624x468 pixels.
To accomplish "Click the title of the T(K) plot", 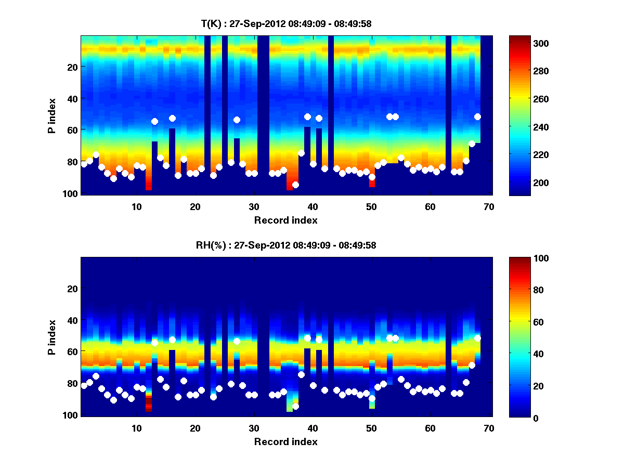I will click(286, 23).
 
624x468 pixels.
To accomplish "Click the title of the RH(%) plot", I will click(286, 245).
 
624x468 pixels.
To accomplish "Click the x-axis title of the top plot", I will click(286, 220).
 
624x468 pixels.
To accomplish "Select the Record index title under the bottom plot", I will click(286, 441).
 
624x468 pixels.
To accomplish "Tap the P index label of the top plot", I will click(52, 115).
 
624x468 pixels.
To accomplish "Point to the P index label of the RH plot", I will click(52, 336).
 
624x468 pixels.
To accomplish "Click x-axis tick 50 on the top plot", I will click(371, 206).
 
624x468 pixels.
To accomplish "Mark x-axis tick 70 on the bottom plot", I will click(489, 428).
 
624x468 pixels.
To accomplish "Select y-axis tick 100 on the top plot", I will click(72, 193).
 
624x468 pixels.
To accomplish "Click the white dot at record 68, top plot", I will click(477, 116).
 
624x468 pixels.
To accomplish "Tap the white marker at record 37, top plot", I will click(295, 185).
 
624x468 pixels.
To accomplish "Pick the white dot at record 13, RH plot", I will click(154, 343).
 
